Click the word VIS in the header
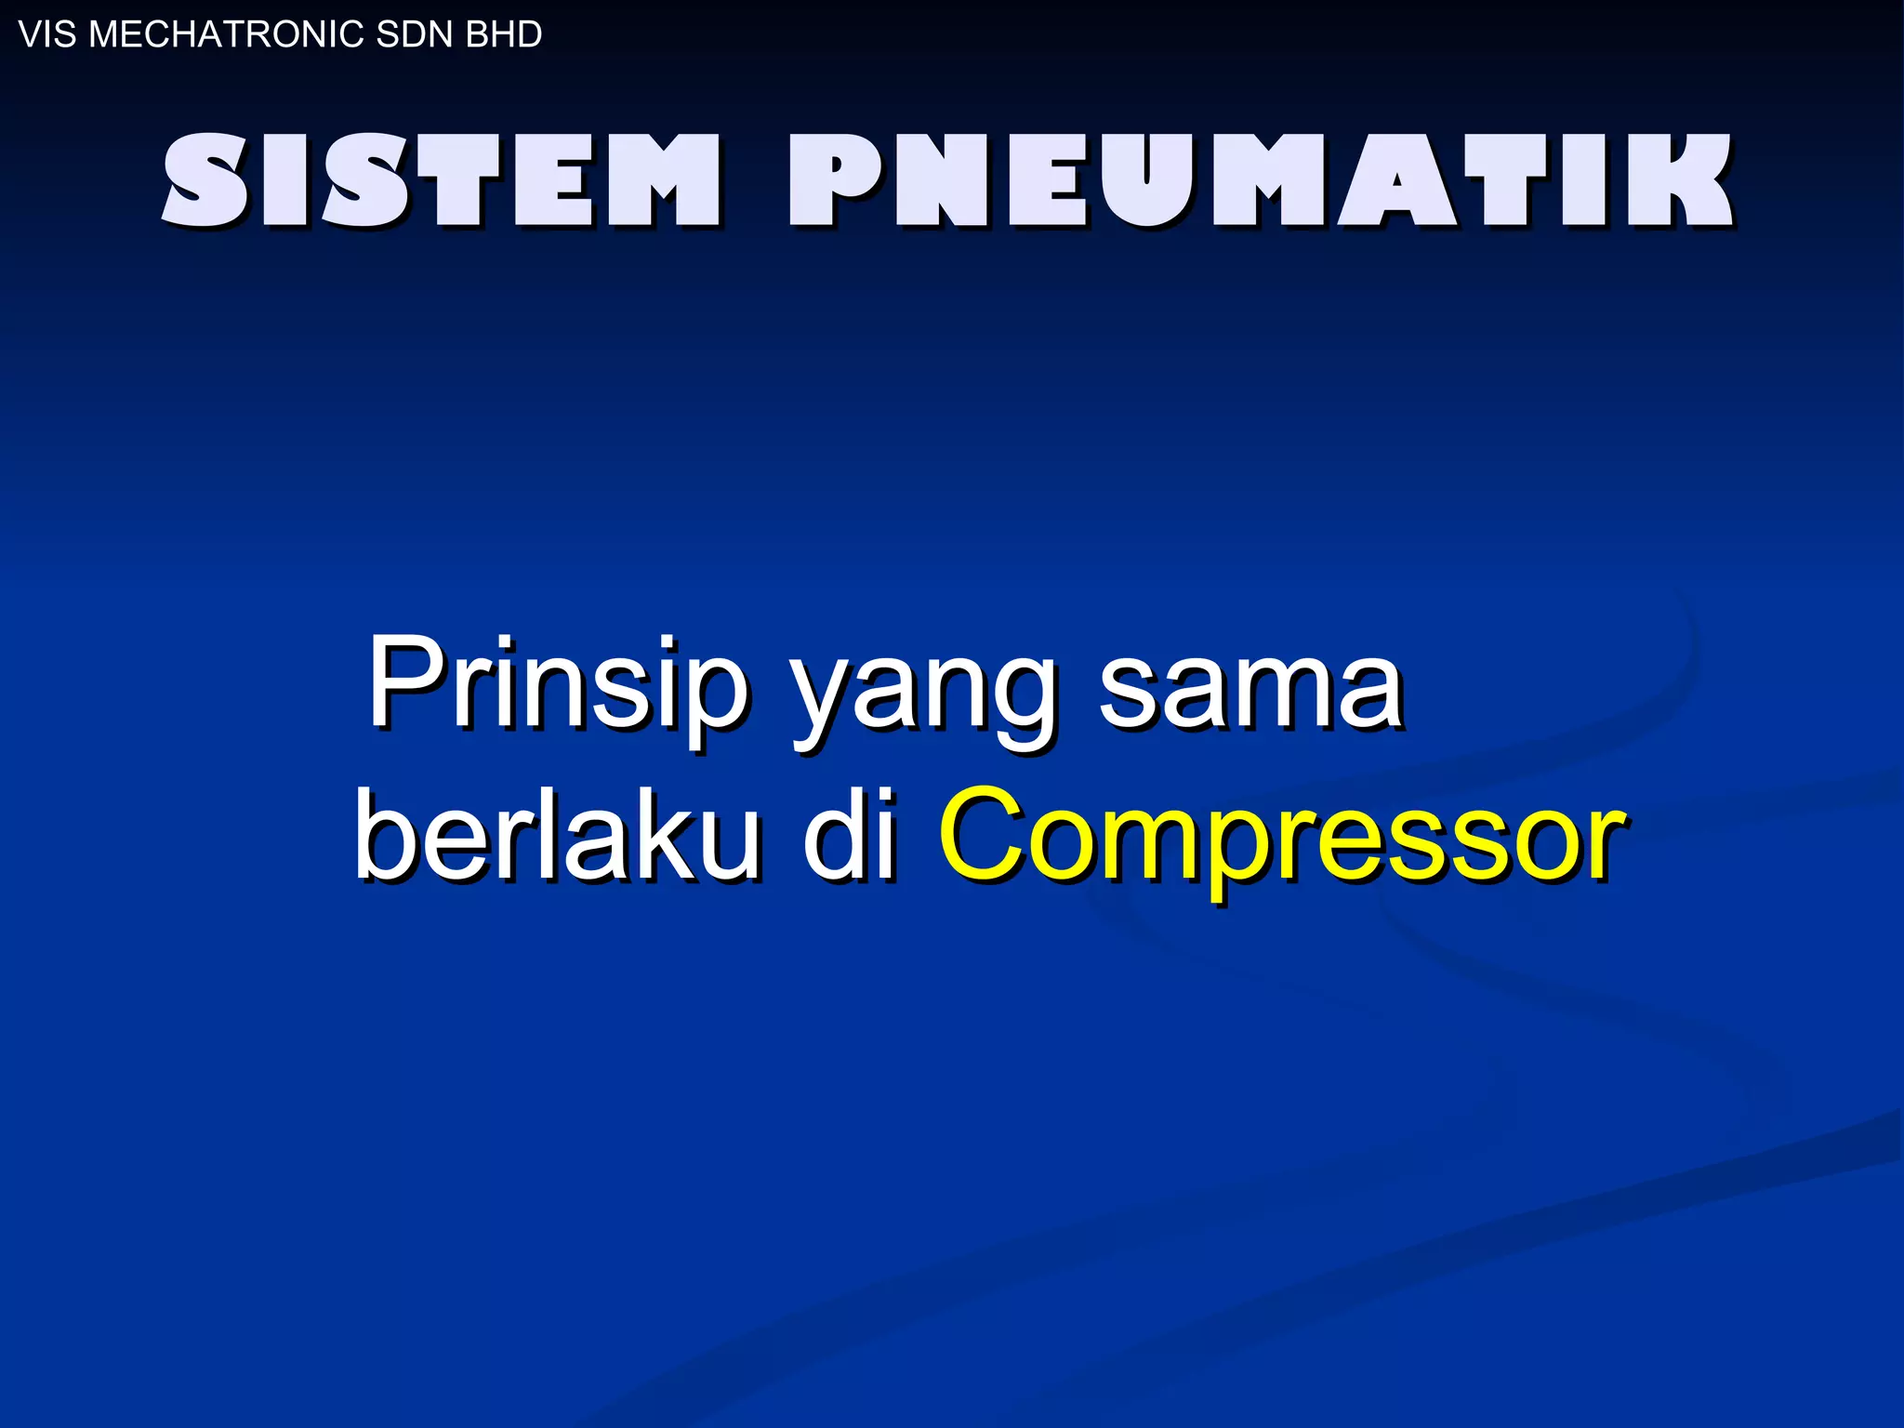pos(47,34)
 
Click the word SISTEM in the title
pos(443,180)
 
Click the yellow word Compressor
pos(1283,837)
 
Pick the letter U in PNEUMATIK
pos(1144,180)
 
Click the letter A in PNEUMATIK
pos(1395,180)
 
